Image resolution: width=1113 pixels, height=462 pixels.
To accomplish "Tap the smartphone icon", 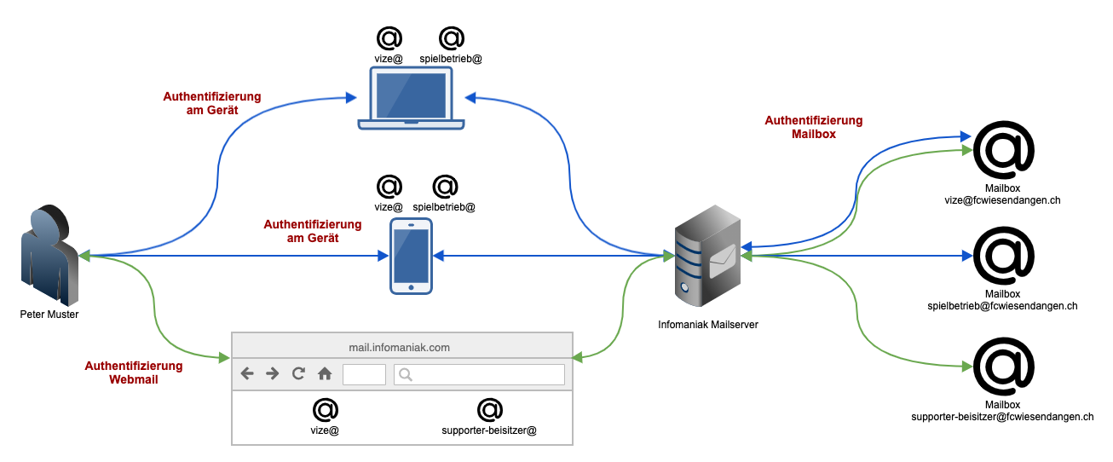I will pyautogui.click(x=411, y=257).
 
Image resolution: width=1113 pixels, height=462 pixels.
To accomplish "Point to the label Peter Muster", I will pyautogui.click(x=49, y=315).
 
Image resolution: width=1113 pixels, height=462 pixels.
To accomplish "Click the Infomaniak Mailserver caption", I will pyautogui.click(x=707, y=325).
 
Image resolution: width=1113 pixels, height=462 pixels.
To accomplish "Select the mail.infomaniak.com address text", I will pyautogui.click(x=399, y=347).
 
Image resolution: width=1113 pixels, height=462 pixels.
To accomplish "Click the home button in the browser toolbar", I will pyautogui.click(x=325, y=373).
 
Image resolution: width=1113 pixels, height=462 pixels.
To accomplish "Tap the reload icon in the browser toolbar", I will pyautogui.click(x=298, y=373).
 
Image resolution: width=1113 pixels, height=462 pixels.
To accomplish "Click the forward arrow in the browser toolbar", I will pyautogui.click(x=273, y=373).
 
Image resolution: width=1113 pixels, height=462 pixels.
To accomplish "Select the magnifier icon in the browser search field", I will pyautogui.click(x=406, y=374).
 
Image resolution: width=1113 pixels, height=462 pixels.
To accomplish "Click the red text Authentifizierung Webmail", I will pyautogui.click(x=134, y=372).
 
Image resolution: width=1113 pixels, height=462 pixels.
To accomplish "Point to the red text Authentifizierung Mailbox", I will pyautogui.click(x=813, y=127).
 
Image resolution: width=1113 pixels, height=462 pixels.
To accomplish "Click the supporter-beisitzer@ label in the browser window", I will pyautogui.click(x=489, y=430).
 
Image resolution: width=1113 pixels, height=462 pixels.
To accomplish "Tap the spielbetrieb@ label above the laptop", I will pyautogui.click(x=452, y=59).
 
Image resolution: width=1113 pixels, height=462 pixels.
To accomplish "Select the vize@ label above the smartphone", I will pyautogui.click(x=389, y=206).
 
